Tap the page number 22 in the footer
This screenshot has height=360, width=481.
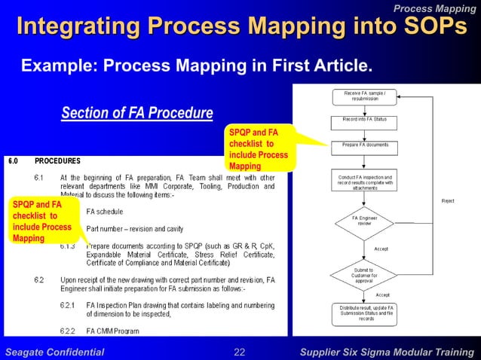pyautogui.click(x=240, y=352)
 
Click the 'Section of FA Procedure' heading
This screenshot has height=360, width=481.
pyautogui.click(x=136, y=114)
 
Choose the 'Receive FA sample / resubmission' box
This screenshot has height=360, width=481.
pyautogui.click(x=365, y=96)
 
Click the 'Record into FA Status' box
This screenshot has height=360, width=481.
pyautogui.click(x=365, y=120)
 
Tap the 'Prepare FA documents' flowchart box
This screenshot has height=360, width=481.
pyautogui.click(x=365, y=144)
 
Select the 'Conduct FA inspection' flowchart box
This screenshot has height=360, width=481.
pyautogui.click(x=365, y=182)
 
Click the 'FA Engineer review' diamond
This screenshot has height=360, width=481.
pyautogui.click(x=365, y=221)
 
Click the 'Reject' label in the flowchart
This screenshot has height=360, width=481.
pyautogui.click(x=448, y=201)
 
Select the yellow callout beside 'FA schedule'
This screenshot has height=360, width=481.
pyautogui.click(x=42, y=221)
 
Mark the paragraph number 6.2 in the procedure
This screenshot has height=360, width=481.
pyautogui.click(x=40, y=279)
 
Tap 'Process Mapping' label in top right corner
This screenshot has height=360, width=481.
pyautogui.click(x=435, y=8)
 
